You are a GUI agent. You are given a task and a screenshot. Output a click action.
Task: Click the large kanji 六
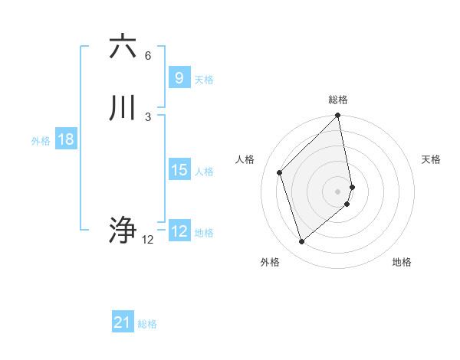click(123, 47)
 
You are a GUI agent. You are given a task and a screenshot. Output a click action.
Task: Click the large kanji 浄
click(123, 231)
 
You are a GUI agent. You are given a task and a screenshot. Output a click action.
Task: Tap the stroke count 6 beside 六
click(148, 55)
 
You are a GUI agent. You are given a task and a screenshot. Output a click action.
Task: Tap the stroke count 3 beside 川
click(148, 116)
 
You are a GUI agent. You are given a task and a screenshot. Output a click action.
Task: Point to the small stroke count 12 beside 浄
click(148, 240)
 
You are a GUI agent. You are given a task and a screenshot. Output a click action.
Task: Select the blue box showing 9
click(179, 78)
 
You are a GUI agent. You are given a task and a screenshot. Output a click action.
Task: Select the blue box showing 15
click(179, 170)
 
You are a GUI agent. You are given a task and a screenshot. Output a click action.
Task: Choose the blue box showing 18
click(66, 139)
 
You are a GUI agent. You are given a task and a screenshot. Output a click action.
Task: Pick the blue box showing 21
click(123, 322)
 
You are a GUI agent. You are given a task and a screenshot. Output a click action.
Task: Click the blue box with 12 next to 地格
click(179, 231)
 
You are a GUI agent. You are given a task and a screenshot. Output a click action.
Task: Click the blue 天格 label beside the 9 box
click(204, 80)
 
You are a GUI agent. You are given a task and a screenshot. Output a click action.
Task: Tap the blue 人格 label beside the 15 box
click(204, 172)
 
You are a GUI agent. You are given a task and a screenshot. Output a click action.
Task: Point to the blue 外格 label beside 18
click(41, 141)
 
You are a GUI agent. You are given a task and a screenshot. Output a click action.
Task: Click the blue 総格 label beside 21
click(147, 324)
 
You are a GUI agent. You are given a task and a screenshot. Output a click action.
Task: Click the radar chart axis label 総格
click(338, 100)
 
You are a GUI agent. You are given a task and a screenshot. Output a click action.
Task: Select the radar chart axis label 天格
click(432, 159)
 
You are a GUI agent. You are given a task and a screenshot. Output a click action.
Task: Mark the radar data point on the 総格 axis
click(338, 116)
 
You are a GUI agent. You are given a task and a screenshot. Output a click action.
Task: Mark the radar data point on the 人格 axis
click(280, 172)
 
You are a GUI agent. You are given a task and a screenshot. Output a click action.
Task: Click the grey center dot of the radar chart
click(338, 191)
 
